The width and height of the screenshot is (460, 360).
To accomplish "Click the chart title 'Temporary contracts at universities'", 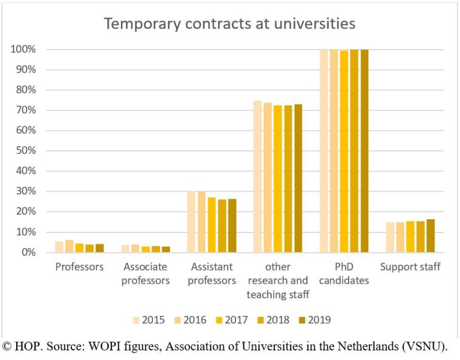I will pos(230,24).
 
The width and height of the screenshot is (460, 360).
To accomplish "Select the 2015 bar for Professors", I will pos(59,247).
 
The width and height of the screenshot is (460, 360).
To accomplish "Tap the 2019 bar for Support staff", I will pos(430,235).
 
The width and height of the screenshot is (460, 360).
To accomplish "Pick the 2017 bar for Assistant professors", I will pos(211,225).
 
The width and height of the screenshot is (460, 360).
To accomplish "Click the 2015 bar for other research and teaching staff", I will pos(258,177).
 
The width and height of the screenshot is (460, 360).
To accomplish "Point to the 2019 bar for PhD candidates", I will pos(364,151).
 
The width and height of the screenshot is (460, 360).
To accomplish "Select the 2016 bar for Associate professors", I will pos(135,248).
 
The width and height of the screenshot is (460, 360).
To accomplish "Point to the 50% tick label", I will pos(25,151).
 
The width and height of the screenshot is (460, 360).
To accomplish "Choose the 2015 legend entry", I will pos(148,320).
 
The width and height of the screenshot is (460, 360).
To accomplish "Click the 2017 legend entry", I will pos(231,320).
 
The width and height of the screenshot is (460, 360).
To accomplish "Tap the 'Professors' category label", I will pos(80,267).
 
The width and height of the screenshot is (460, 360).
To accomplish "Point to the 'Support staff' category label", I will pos(410,267).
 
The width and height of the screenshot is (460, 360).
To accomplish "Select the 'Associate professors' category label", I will pos(146,273).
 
